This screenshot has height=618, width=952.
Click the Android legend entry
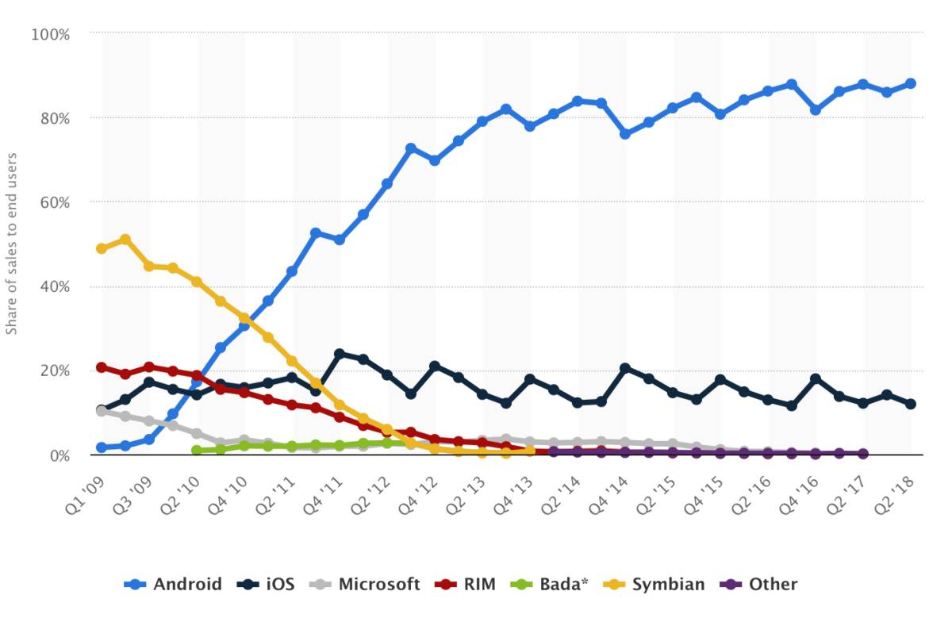tap(173, 585)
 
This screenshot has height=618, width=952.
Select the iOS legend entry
tap(266, 585)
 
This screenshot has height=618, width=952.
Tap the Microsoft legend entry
tap(364, 585)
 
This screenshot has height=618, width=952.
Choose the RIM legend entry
tap(466, 585)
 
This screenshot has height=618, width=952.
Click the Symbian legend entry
tap(654, 585)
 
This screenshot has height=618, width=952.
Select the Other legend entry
tap(758, 585)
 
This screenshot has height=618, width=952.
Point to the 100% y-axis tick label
tap(50, 34)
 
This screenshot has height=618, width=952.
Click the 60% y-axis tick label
tap(54, 202)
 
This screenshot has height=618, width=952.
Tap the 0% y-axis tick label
tap(59, 455)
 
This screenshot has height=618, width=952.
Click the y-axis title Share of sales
tap(12, 244)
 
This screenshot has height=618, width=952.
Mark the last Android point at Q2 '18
tap(910, 83)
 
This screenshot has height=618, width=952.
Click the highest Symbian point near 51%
tap(125, 239)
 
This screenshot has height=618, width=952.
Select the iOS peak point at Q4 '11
tap(340, 354)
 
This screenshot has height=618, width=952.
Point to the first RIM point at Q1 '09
tap(102, 367)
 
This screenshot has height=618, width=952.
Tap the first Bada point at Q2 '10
tap(197, 451)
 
